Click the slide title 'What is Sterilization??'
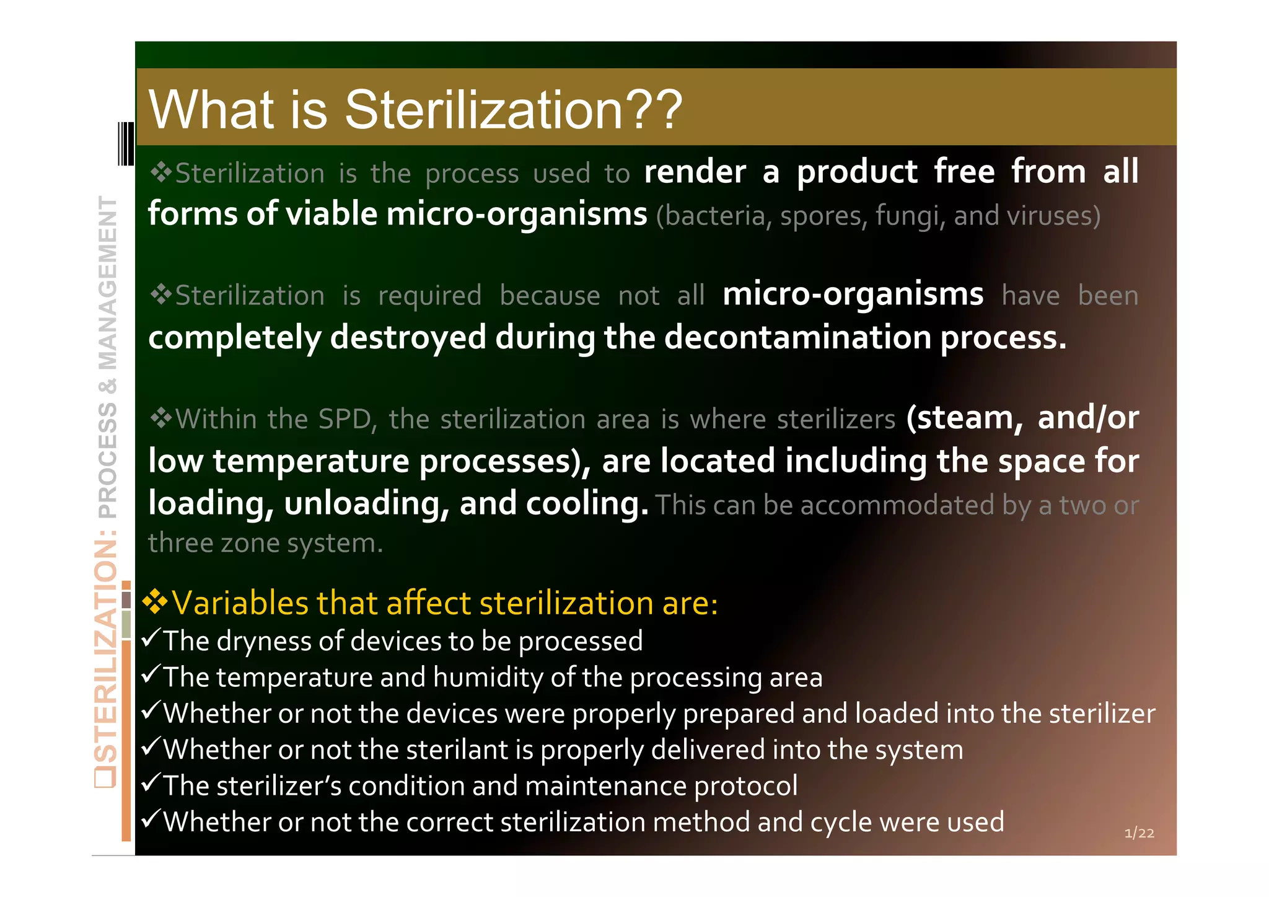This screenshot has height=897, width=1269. [x=415, y=110]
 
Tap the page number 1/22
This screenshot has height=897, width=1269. [x=1139, y=833]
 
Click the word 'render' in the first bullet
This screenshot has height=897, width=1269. [x=695, y=172]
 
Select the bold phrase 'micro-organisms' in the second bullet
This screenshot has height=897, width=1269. [x=853, y=294]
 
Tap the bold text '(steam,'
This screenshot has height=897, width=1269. [x=964, y=418]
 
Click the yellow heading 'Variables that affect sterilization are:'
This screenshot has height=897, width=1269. [x=444, y=603]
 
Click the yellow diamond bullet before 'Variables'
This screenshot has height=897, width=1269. [x=155, y=602]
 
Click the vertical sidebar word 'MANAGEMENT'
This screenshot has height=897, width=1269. [x=108, y=283]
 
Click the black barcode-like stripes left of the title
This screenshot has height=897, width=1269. [x=126, y=144]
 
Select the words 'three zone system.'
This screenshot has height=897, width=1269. [x=265, y=544]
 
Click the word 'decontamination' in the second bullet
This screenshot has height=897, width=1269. [x=798, y=338]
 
